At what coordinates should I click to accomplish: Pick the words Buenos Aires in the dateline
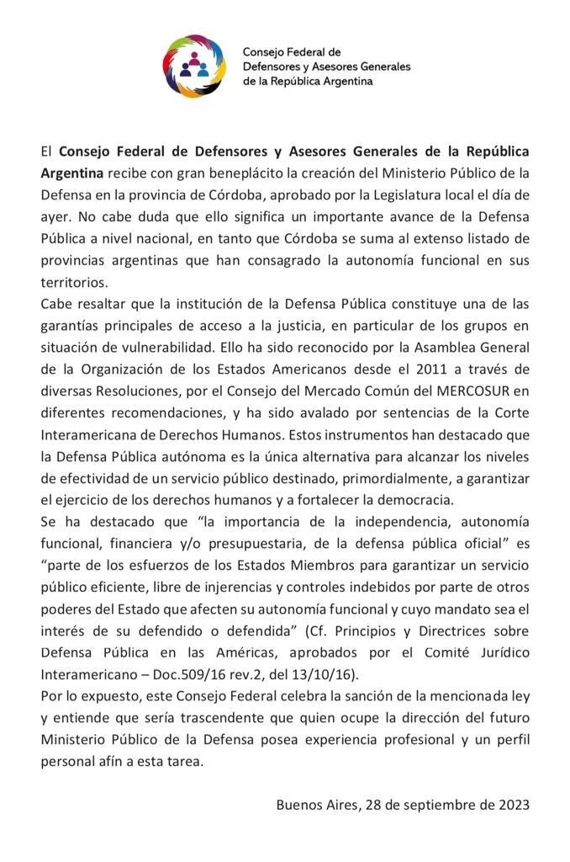pyautogui.click(x=314, y=805)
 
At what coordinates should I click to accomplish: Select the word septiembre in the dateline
pyautogui.click(x=431, y=805)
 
